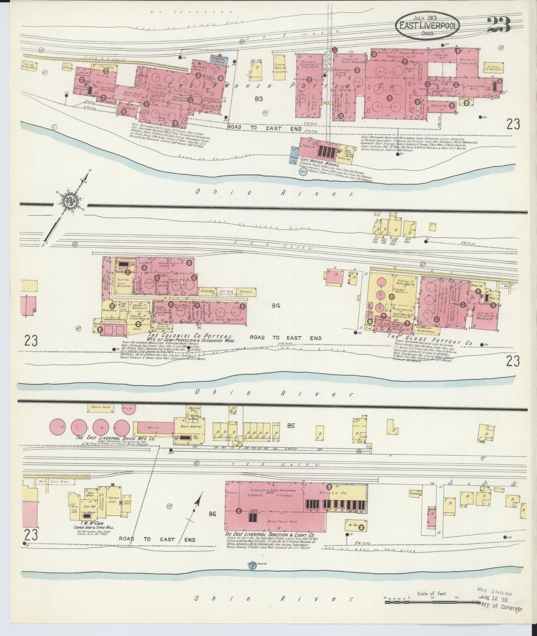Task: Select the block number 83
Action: coord(259,99)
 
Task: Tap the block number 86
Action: coord(212,514)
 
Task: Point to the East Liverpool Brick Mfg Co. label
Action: coord(115,438)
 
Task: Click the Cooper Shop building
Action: coord(112,500)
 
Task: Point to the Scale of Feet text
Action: coord(432,594)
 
